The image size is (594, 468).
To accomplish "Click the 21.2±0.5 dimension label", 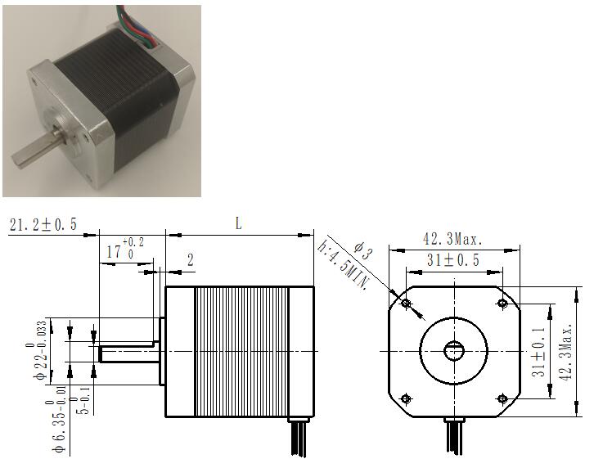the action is tap(43, 225).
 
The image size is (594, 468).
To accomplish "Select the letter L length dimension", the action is tap(238, 223).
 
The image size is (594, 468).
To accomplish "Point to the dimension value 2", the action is tap(191, 260).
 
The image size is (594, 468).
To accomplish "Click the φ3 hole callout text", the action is tap(362, 250).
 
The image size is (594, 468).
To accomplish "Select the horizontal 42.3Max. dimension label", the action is tap(452, 239).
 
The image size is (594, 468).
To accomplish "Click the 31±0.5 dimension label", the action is tap(453, 260).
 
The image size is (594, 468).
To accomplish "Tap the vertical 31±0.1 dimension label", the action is tap(538, 352).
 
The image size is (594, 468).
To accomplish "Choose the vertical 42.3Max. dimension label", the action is tap(565, 352).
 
